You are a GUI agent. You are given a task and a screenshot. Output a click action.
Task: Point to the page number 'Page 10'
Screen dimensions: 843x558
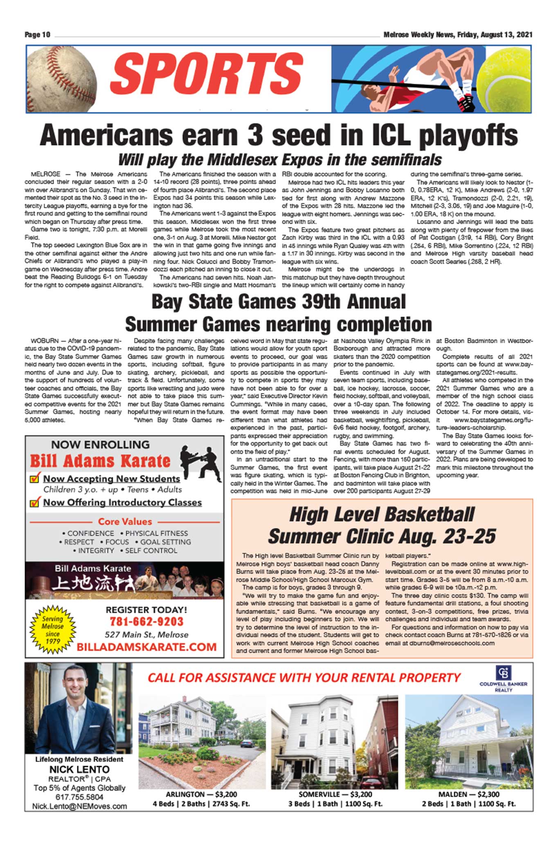pyautogui.click(x=37, y=35)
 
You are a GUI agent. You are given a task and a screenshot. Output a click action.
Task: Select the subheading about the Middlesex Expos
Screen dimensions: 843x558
pyautogui.click(x=280, y=160)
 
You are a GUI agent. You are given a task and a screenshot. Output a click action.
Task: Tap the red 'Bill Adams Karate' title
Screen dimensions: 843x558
pyautogui.click(x=100, y=461)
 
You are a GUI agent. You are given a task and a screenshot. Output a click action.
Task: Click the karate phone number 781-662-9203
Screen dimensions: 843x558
pyautogui.click(x=146, y=622)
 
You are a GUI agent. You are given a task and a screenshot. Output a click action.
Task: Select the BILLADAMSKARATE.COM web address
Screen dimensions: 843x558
pyautogui.click(x=146, y=647)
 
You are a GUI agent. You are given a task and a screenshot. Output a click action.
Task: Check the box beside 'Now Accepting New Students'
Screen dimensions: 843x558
pyautogui.click(x=35, y=478)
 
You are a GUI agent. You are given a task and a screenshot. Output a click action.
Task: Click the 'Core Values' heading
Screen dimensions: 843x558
pyautogui.click(x=125, y=522)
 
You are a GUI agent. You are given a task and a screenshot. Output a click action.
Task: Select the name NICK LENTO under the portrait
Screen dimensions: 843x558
pyautogui.click(x=79, y=769)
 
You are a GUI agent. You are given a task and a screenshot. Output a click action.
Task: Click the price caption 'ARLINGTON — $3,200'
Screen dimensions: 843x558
pyautogui.click(x=201, y=794)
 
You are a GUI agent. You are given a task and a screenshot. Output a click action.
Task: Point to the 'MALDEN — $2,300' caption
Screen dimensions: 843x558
pyautogui.click(x=469, y=794)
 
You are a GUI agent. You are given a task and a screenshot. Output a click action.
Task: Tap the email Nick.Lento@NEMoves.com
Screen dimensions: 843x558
pyautogui.click(x=79, y=806)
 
